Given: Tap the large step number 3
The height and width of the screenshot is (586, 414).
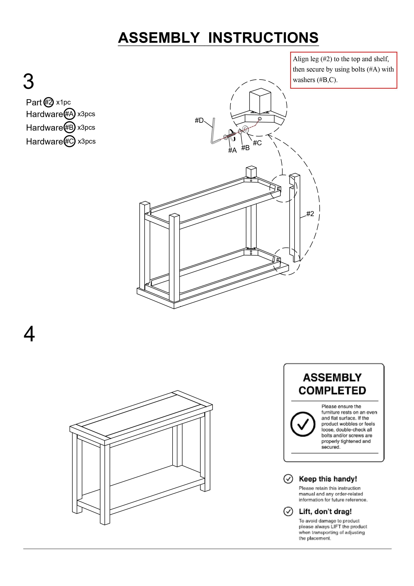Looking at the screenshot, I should tap(28, 82).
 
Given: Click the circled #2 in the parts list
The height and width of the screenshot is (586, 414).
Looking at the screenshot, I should tap(48, 102).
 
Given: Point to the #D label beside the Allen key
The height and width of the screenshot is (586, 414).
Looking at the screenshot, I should tap(199, 120).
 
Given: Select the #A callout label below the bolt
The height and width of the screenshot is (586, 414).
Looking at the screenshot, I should tap(232, 150).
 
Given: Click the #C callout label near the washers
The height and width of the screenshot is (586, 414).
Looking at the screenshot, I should tap(257, 143).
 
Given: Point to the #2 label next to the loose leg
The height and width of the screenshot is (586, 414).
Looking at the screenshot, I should tap(310, 214).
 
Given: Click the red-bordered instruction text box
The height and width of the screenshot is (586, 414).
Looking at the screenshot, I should tap(344, 70).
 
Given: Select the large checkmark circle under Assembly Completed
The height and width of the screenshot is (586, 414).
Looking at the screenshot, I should tap(303, 424).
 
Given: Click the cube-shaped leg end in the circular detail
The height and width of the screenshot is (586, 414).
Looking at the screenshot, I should tap(260, 101).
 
